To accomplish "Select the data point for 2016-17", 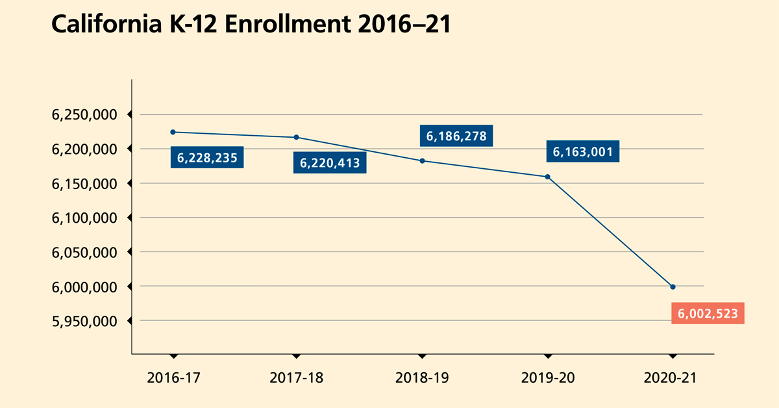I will (x=173, y=132).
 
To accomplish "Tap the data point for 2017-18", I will (x=296, y=137).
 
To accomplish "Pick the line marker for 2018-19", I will (x=422, y=160).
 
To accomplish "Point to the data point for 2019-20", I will (x=547, y=177).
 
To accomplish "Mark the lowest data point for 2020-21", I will (x=673, y=287).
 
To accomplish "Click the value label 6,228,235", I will (x=207, y=158).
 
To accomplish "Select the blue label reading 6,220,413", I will (x=330, y=162).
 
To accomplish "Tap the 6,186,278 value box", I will (x=456, y=136).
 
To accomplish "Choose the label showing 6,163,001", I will (x=582, y=152).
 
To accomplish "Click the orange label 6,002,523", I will (x=708, y=313).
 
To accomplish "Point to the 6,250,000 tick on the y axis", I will (x=84, y=115).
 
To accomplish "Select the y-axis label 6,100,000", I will (x=84, y=218).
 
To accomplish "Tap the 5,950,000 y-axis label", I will (x=84, y=321).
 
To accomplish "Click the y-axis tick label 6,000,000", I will (x=84, y=287).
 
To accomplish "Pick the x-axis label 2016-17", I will (x=173, y=377).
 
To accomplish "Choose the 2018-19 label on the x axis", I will (x=422, y=377).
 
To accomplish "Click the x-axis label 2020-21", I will (x=673, y=377).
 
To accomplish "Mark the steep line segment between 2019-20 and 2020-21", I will (x=610, y=232).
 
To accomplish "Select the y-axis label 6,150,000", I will (x=84, y=184).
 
